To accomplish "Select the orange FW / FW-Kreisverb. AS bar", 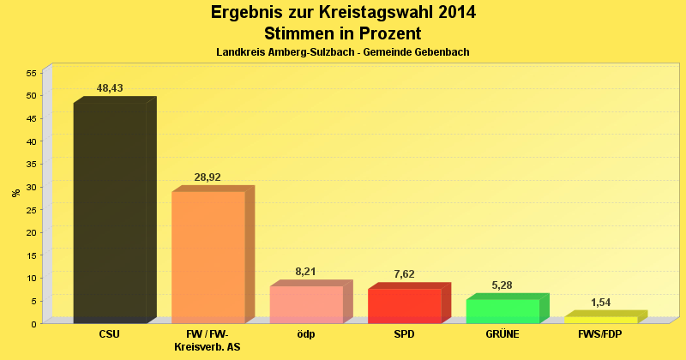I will [208, 257].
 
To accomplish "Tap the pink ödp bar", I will [306, 304].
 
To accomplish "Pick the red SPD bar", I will [405, 306].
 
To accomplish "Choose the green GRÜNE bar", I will [502, 311].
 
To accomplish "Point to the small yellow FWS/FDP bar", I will [601, 320].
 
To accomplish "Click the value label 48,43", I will [110, 88].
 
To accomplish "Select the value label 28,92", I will [208, 177].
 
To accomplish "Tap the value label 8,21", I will [306, 272].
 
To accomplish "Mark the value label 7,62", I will [405, 274].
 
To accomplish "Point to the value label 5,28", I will [502, 285].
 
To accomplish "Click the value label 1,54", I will [601, 302].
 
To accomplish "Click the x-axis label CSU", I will [110, 334].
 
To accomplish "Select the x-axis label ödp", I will [306, 334].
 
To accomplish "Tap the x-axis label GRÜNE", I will [502, 334].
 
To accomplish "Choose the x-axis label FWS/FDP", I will [601, 334].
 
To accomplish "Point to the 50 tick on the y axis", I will [30, 96].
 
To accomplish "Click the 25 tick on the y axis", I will [30, 209].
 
